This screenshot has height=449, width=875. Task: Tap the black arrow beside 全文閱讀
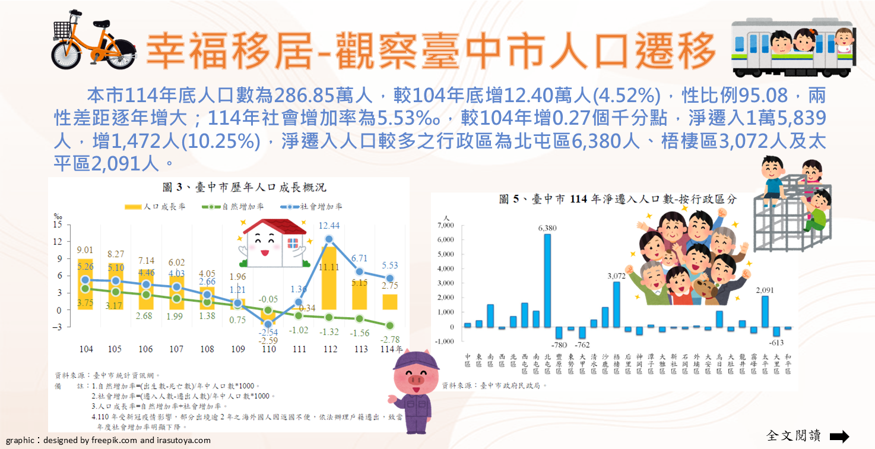839,437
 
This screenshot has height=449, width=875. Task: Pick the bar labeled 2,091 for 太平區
765,311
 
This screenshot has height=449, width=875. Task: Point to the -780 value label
558,345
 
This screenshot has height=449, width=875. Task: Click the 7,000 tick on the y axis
445,226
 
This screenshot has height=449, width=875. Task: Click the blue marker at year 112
329,239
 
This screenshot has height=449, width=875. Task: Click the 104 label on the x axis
85,349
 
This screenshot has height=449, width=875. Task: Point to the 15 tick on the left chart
58,225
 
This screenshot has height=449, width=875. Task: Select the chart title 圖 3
228,188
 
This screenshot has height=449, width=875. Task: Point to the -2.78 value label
389,339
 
